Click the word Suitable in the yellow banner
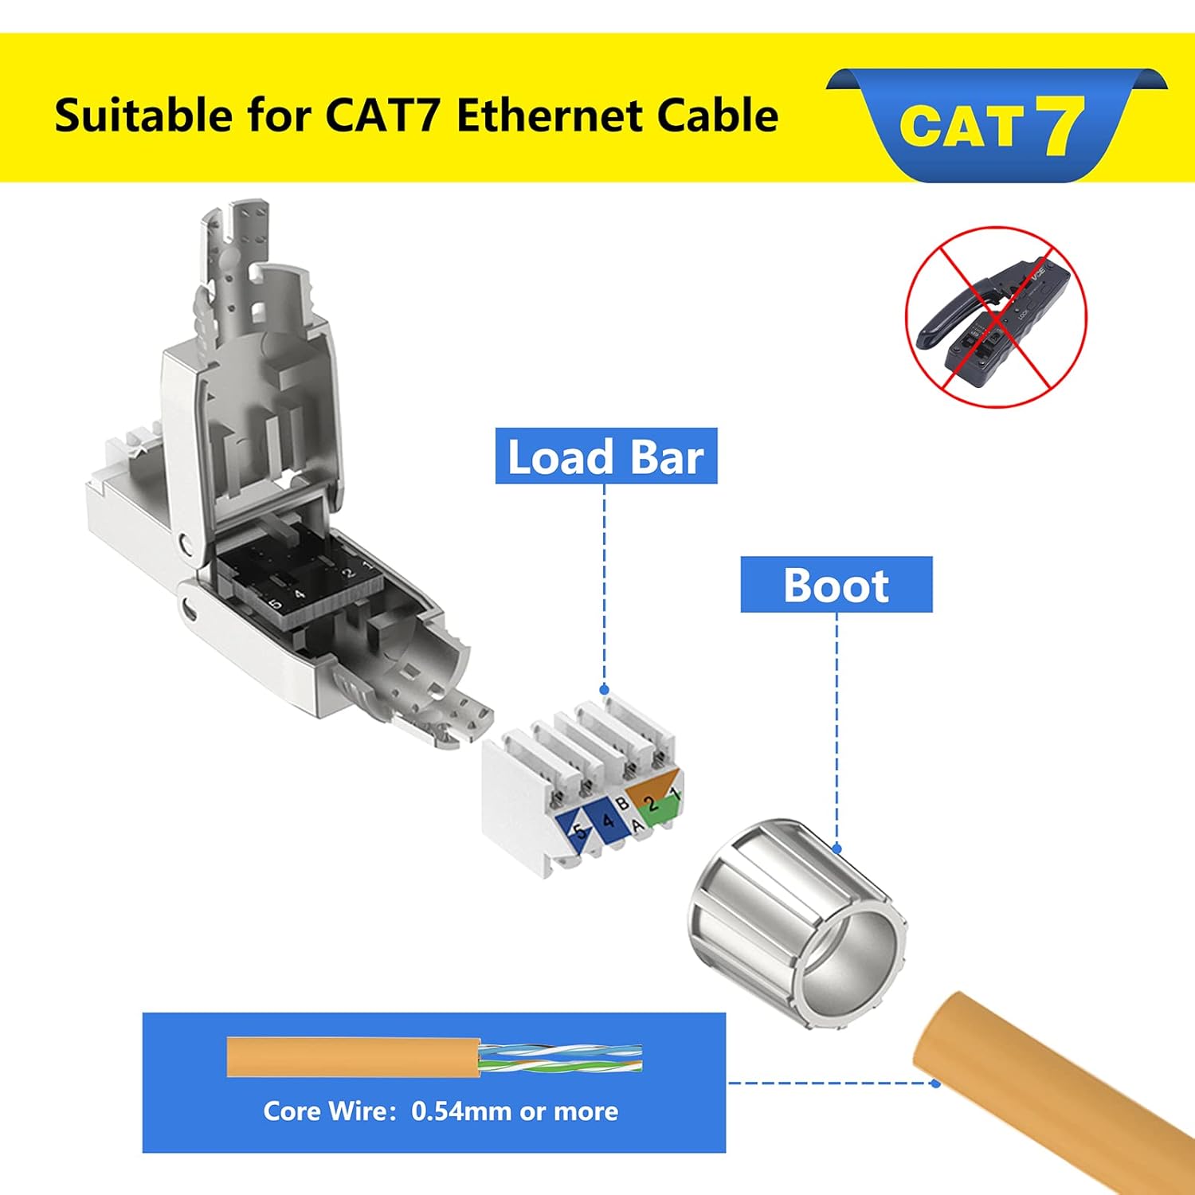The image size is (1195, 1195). tap(144, 116)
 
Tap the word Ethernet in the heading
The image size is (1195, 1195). tap(539, 116)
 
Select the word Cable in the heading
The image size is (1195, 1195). tap(707, 116)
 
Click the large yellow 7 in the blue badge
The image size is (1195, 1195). tap(1060, 124)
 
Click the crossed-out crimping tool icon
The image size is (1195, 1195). tap(996, 317)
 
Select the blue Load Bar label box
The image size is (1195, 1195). tap(606, 456)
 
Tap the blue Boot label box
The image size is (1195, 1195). tap(836, 585)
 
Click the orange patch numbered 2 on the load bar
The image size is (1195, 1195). tap(652, 792)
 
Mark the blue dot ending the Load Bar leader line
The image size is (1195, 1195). tap(604, 690)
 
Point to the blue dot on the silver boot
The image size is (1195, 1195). tap(836, 848)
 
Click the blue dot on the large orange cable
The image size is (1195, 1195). tap(935, 1083)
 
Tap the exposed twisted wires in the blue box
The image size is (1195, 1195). tap(561, 1057)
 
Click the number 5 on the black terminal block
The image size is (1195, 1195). tap(276, 604)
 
